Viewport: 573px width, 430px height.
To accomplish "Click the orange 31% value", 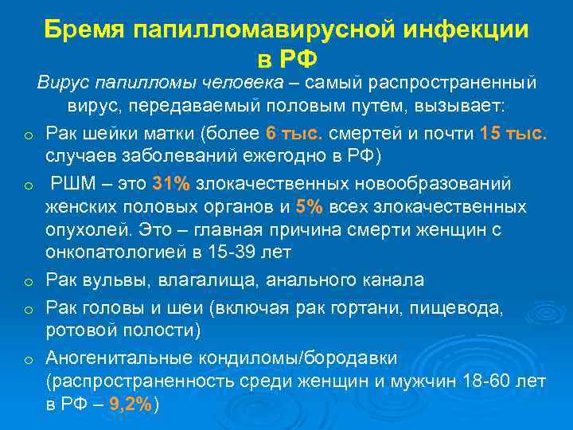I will coord(171,184).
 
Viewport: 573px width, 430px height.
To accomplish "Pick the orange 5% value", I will coord(309,207).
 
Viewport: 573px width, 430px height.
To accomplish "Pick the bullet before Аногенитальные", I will coord(28,360).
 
